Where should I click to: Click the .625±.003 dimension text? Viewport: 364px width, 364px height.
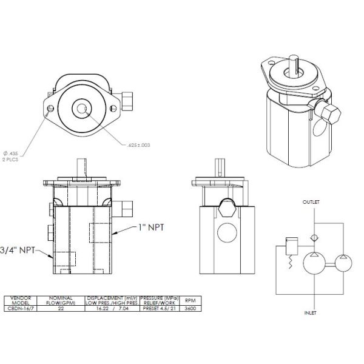tap(139, 146)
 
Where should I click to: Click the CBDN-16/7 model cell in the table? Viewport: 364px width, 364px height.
tap(21, 309)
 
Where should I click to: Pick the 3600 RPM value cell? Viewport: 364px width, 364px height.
tap(190, 309)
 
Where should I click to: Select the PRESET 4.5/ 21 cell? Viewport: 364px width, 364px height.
tap(157, 309)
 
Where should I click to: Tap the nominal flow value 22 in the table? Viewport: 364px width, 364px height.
tap(61, 309)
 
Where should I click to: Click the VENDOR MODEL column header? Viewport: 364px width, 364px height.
tap(21, 300)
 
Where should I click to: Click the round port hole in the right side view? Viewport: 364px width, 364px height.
tap(227, 234)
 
